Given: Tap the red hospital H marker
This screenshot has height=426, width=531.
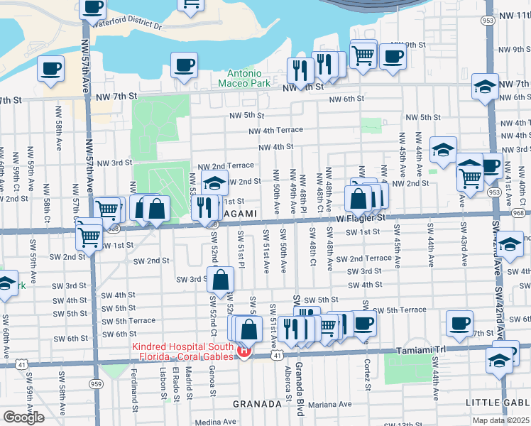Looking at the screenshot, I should (244, 351).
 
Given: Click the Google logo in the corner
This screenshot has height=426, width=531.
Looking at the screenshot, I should (23, 417).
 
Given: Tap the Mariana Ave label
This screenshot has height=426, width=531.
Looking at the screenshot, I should (330, 404).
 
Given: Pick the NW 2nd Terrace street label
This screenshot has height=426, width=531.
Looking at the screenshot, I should (225, 165).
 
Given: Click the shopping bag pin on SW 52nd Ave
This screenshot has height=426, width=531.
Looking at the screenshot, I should (221, 280).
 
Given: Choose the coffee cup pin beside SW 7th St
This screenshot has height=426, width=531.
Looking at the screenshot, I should (459, 324).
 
